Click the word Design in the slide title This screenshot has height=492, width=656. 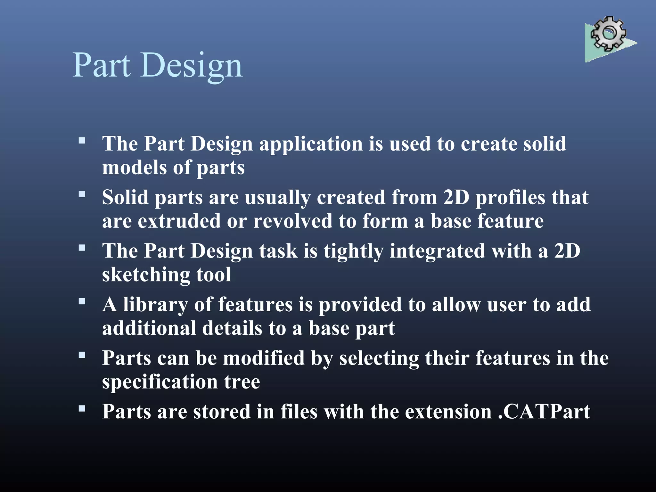(191, 65)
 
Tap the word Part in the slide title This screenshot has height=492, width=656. (102, 65)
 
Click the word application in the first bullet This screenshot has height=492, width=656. (311, 144)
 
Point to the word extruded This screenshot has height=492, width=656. (179, 221)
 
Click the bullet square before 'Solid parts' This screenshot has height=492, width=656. (82, 194)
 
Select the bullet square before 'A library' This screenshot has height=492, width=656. (82, 301)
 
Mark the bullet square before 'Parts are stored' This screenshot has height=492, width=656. (82, 408)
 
